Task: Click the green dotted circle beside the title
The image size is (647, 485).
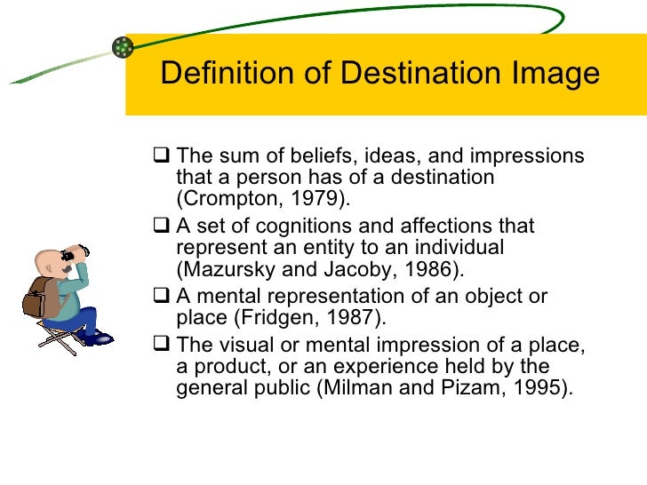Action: point(123,47)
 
